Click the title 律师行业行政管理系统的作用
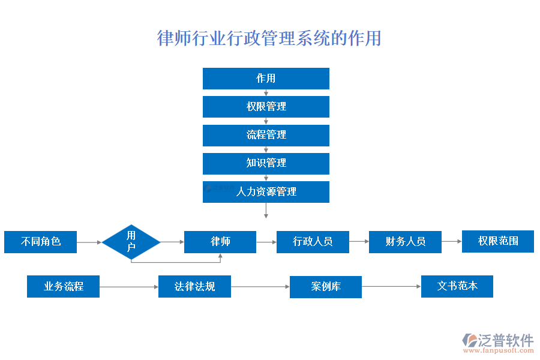(x=269, y=38)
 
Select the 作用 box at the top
(x=266, y=79)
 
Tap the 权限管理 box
(x=266, y=107)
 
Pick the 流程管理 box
(x=266, y=135)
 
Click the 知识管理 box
(x=266, y=163)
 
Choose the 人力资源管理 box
(x=266, y=192)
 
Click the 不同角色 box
(x=41, y=242)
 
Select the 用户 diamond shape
(x=131, y=242)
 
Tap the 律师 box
(x=220, y=242)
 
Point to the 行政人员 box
(x=313, y=242)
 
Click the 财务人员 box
(x=405, y=242)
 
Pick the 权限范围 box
(x=497, y=241)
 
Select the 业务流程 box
(x=63, y=287)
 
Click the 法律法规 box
(x=194, y=287)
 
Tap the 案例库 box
(x=326, y=287)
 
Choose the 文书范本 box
(x=457, y=286)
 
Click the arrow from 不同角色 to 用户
(x=89, y=242)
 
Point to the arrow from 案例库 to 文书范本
(x=391, y=287)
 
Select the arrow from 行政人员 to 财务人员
(x=359, y=242)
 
